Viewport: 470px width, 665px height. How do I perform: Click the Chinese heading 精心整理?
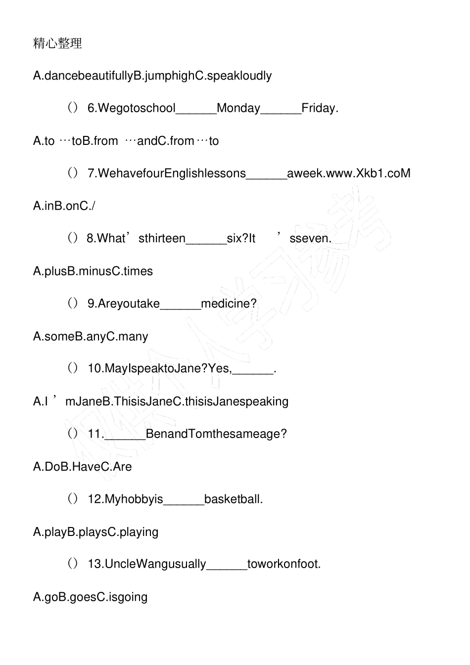57,44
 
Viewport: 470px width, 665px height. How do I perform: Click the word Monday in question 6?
238,108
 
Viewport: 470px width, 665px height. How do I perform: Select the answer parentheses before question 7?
73,173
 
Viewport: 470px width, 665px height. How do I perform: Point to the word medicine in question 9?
229,304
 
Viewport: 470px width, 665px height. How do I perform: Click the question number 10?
95,368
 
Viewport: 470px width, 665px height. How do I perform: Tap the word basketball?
233,499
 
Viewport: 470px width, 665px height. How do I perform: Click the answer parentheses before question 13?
73,564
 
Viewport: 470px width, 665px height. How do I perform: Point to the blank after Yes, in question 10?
252,373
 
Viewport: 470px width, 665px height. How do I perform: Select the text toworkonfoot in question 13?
283,564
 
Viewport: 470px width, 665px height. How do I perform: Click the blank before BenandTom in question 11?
125,438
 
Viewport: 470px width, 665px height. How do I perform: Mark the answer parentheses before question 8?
73,238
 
